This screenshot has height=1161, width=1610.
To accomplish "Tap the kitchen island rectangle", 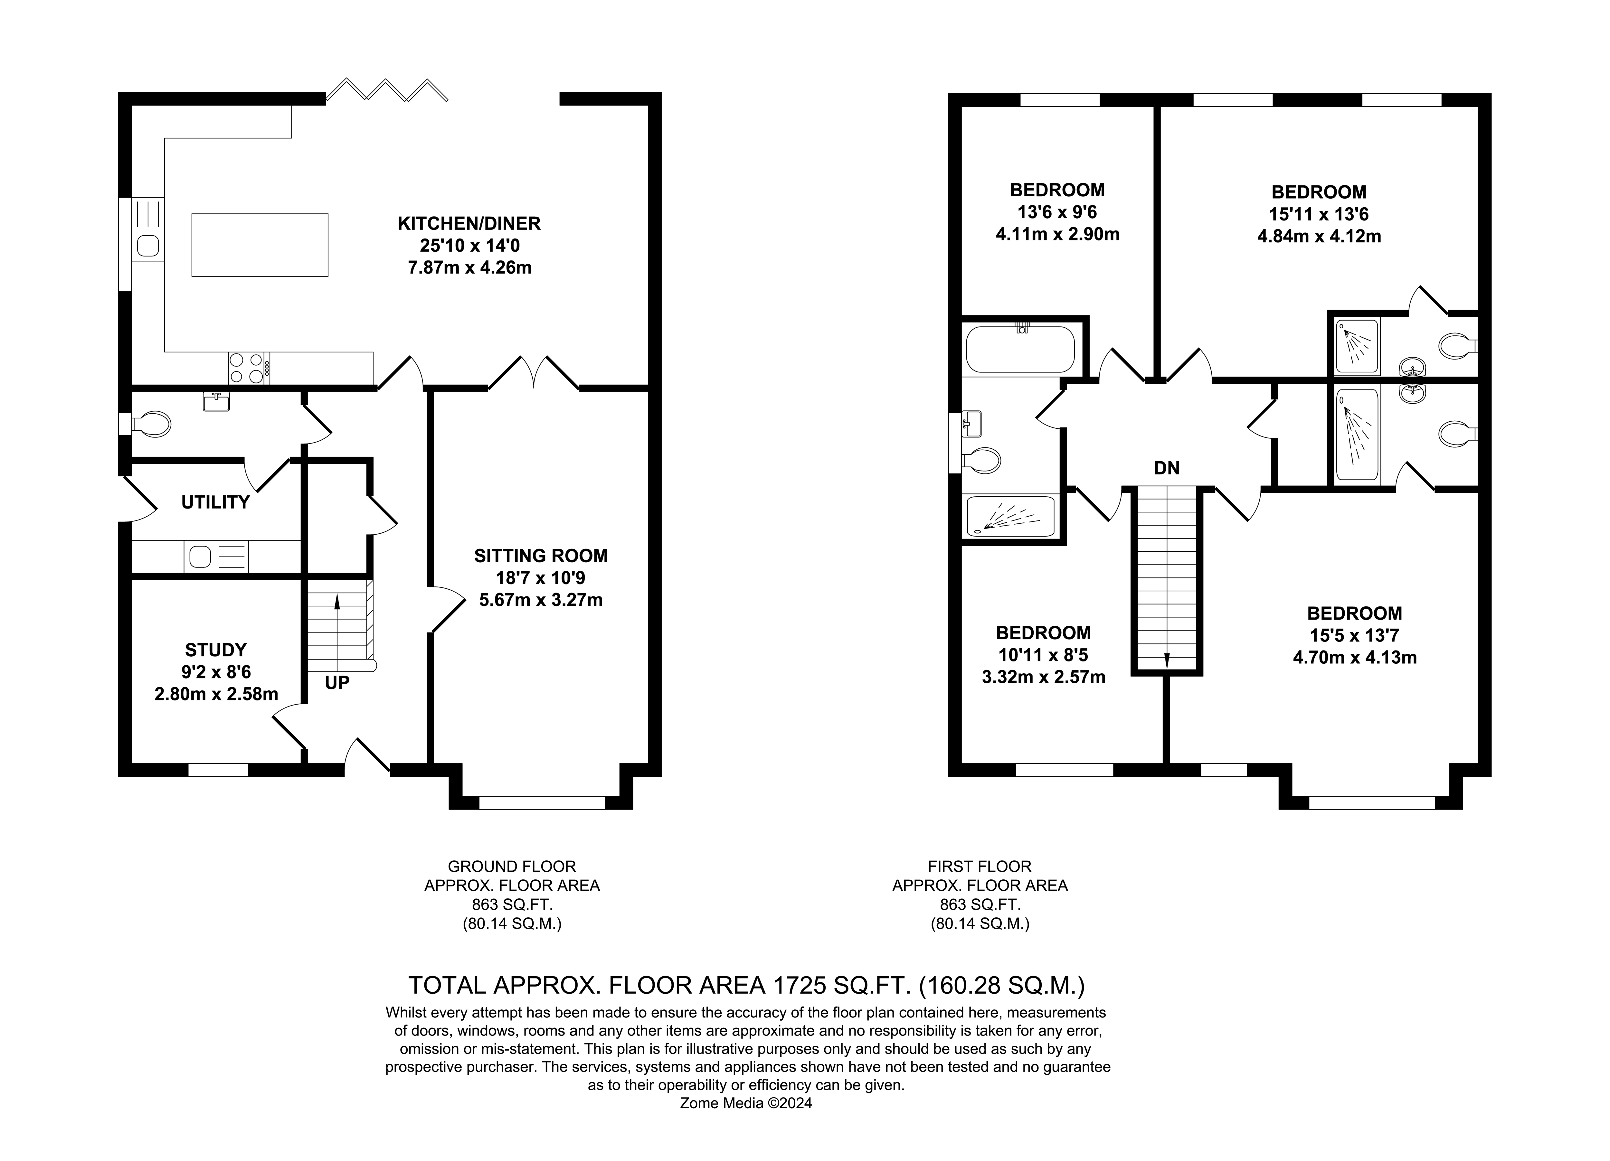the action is [x=260, y=245].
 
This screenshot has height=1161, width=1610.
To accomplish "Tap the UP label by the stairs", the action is [x=337, y=683].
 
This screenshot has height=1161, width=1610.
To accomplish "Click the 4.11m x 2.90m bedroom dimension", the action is [x=1058, y=234].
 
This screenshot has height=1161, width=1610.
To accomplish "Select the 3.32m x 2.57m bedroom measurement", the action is [x=1044, y=677].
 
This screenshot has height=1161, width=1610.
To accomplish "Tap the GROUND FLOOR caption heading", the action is [x=512, y=866].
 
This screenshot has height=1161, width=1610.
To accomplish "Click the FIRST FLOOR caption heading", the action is [x=980, y=866].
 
